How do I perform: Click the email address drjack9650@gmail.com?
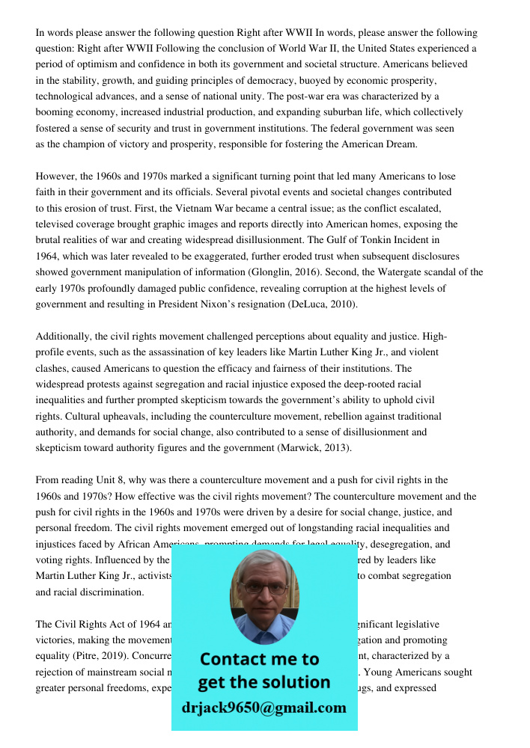pyautogui.click(x=264, y=708)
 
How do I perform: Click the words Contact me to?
pyautogui.click(x=260, y=659)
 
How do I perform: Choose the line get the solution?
pyautogui.click(x=264, y=682)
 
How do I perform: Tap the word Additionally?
pyautogui.click(x=65, y=337)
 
